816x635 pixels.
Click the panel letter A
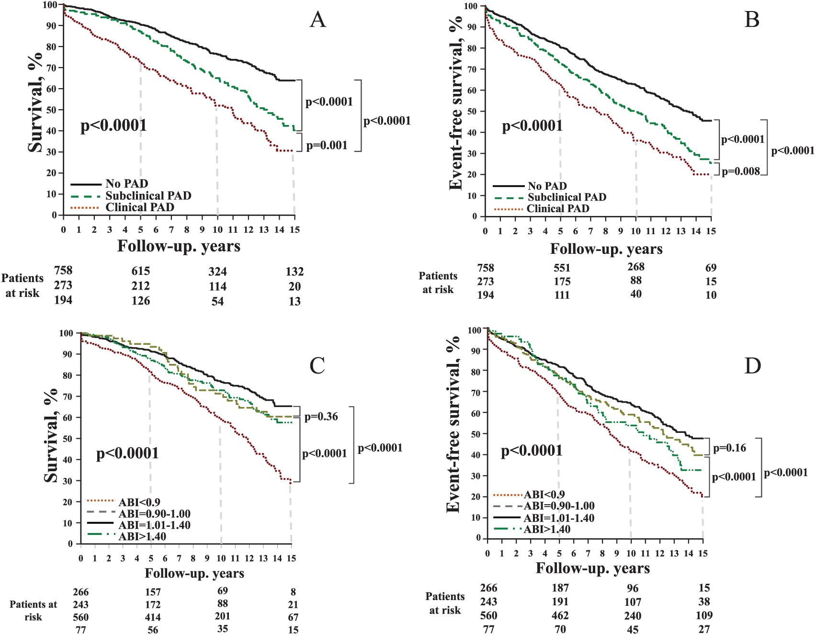pyautogui.click(x=318, y=20)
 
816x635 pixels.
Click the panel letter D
pyautogui.click(x=752, y=366)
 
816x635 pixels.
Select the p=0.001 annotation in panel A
pyautogui.click(x=327, y=145)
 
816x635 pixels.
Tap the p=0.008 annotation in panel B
pyautogui.click(x=741, y=171)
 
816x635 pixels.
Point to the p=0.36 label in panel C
pyautogui.click(x=321, y=417)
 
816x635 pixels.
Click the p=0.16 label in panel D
pyautogui.click(x=730, y=448)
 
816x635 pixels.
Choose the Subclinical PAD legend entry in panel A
pyautogui.click(x=131, y=195)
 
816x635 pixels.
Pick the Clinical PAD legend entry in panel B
pyautogui.click(x=541, y=209)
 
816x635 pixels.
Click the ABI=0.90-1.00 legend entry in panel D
pyautogui.click(x=544, y=506)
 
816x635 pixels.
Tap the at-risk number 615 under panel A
pyautogui.click(x=141, y=271)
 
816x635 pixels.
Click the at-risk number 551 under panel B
pyautogui.click(x=562, y=268)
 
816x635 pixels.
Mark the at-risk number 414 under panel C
pyautogui.click(x=153, y=617)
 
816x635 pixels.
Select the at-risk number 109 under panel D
pyautogui.click(x=704, y=615)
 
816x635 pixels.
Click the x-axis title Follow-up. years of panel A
pyautogui.click(x=179, y=246)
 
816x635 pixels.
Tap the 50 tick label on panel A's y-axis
pyautogui.click(x=52, y=110)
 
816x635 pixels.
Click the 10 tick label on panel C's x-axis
pyautogui.click(x=221, y=558)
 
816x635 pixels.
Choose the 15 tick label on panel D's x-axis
pyautogui.click(x=703, y=553)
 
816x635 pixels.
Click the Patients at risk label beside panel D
pyautogui.click(x=445, y=603)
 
